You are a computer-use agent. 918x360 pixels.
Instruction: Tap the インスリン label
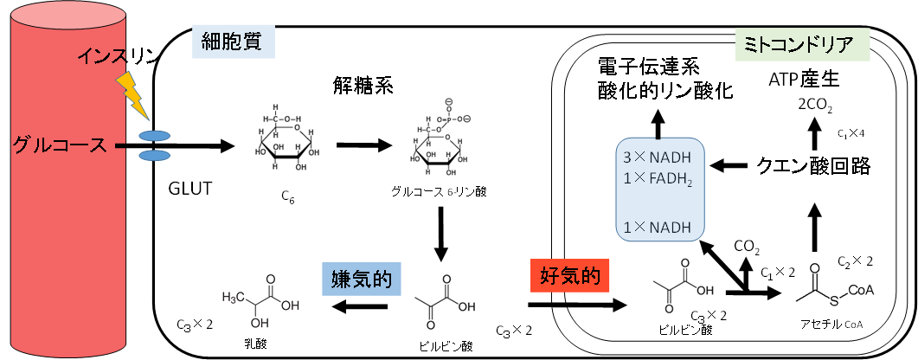click(119, 58)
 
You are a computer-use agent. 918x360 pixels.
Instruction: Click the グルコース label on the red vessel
click(60, 145)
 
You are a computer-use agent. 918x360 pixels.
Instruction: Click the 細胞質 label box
click(233, 40)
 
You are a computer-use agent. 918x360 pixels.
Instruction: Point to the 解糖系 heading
click(362, 85)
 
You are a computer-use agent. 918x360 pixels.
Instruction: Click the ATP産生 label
click(804, 80)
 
